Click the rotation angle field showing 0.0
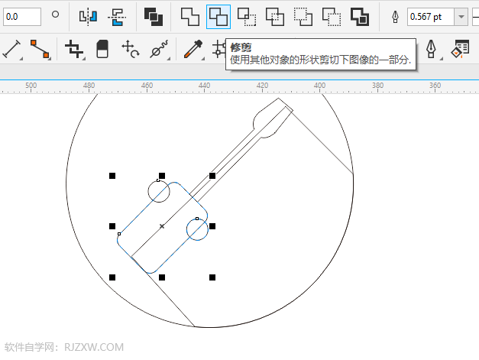point(22,17)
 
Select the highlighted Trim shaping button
point(218,17)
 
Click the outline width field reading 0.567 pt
point(431,17)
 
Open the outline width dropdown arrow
point(461,17)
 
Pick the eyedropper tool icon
point(193,49)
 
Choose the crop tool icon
point(73,49)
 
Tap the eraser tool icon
point(102,49)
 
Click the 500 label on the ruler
point(31,86)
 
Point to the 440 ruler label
point(204,86)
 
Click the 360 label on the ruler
point(435,86)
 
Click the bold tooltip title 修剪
point(241,47)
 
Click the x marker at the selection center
point(162,226)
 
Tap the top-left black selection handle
point(112,176)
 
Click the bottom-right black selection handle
point(212,277)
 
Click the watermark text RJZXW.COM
point(94,347)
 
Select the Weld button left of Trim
point(189,17)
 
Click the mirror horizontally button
point(88,17)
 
